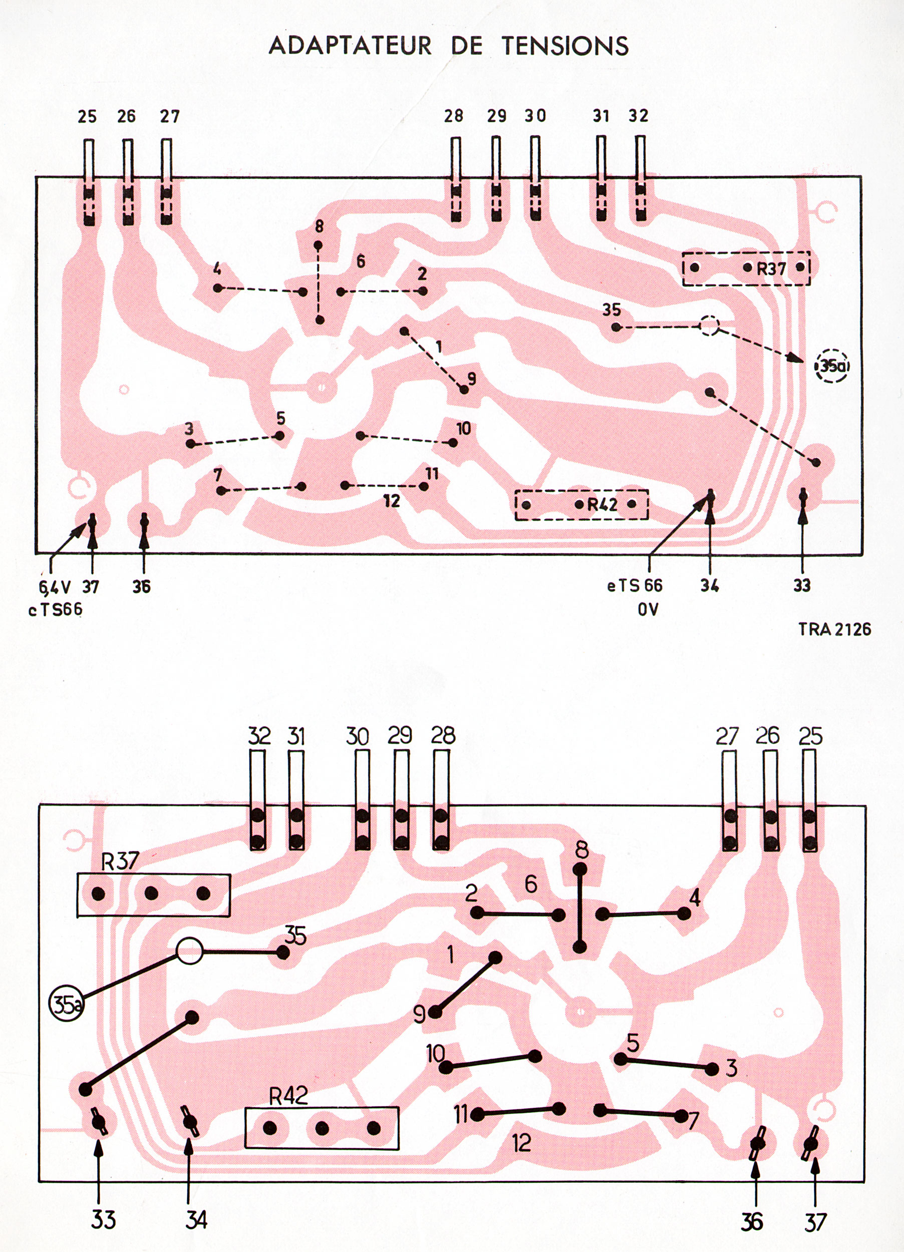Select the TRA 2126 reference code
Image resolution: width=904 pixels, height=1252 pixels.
(x=834, y=629)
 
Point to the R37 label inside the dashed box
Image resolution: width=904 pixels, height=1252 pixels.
(x=771, y=269)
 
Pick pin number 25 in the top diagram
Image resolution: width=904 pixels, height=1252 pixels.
(x=87, y=117)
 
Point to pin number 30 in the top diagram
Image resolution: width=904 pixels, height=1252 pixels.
(x=534, y=116)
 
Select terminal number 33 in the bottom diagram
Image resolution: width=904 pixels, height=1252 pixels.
(x=103, y=1219)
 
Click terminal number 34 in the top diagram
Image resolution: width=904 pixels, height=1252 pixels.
(x=710, y=586)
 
